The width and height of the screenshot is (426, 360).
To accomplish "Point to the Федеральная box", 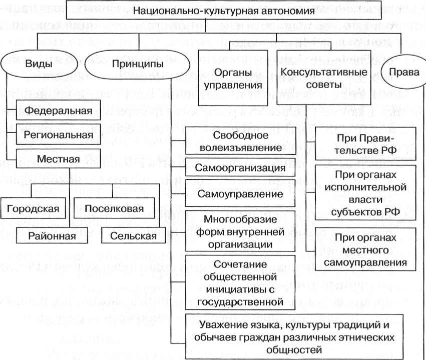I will pyautogui.click(x=58, y=111).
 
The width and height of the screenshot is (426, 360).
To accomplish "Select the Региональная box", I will pyautogui.click(x=58, y=135).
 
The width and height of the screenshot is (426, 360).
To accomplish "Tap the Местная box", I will pyautogui.click(x=58, y=160).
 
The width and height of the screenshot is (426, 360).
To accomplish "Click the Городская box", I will pyautogui.click(x=33, y=208).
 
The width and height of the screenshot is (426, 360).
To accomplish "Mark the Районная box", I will pyautogui.click(x=55, y=235).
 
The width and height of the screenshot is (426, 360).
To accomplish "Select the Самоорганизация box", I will pyautogui.click(x=240, y=168).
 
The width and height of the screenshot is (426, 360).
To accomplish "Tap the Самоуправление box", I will pyautogui.click(x=240, y=193).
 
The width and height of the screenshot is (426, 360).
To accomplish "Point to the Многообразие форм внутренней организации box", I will pyautogui.click(x=240, y=232).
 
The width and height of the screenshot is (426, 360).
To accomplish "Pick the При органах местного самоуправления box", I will pyautogui.click(x=366, y=249).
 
